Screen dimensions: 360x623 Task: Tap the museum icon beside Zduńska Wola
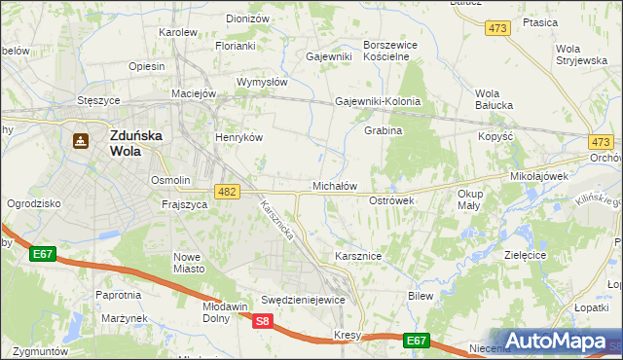(80, 141)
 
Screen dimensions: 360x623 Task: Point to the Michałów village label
(335, 185)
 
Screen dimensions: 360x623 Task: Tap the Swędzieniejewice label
(304, 300)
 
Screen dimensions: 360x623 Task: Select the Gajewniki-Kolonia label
(378, 101)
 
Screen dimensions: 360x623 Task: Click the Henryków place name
(239, 137)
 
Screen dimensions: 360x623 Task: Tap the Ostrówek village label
(392, 199)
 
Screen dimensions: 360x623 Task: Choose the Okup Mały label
(469, 199)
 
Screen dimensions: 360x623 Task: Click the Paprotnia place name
(119, 294)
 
